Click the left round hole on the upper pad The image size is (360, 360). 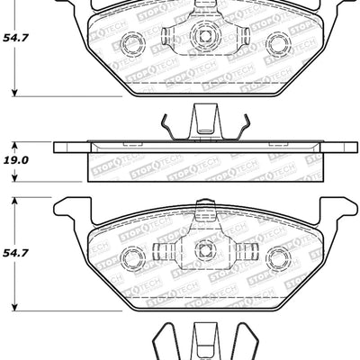click(x=131, y=42)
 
